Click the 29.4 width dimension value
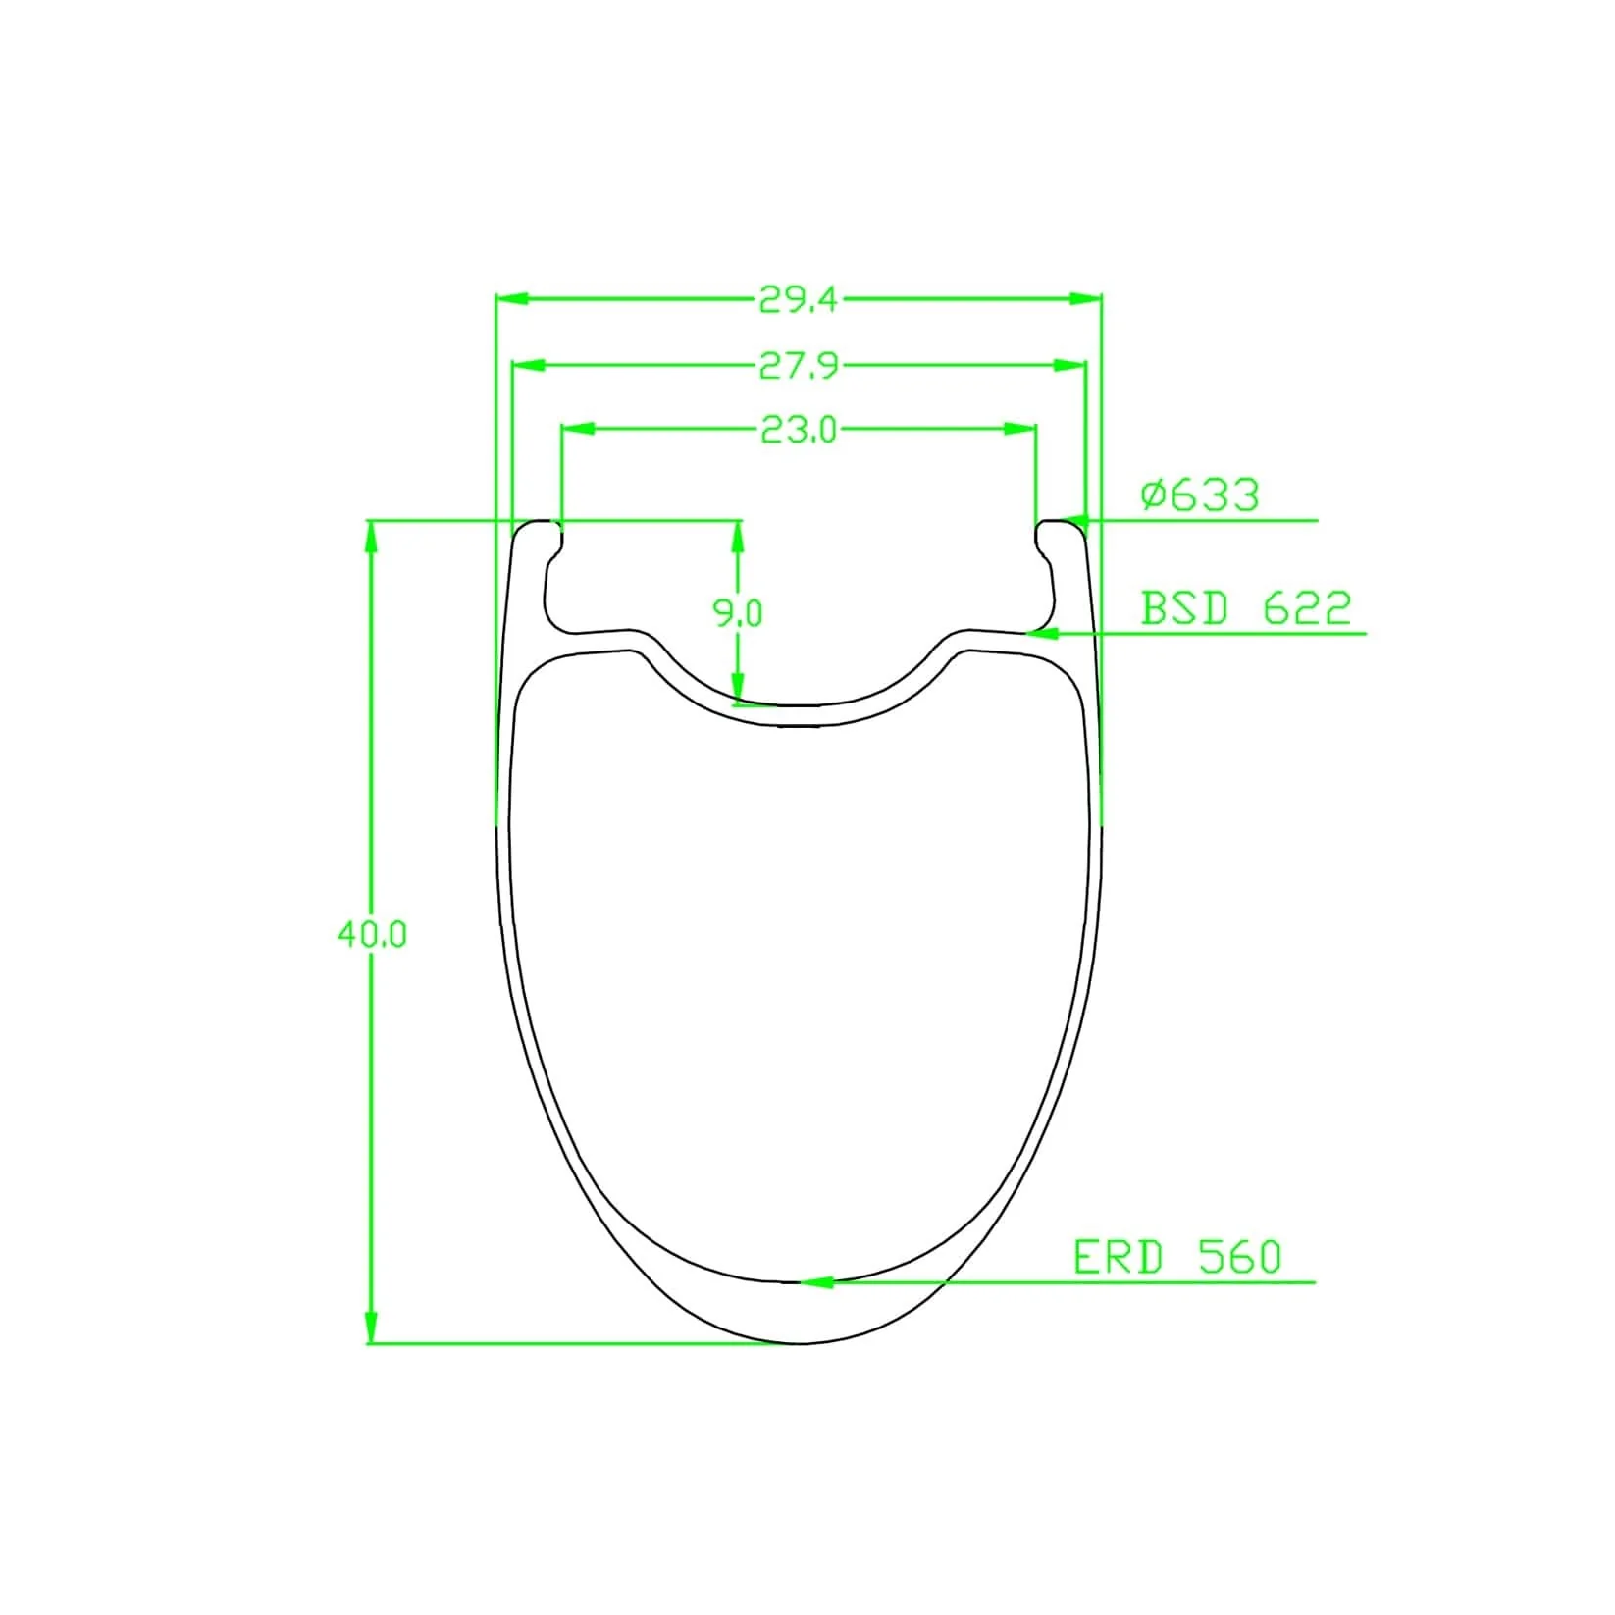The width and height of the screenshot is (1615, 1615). (799, 299)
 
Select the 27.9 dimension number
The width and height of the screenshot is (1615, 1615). (799, 366)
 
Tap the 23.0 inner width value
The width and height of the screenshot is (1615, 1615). (799, 430)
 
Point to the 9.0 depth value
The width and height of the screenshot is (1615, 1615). (737, 613)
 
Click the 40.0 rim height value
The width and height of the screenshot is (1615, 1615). (371, 934)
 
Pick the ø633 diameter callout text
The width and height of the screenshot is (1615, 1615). (1200, 495)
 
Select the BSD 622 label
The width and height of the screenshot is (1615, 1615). (1245, 609)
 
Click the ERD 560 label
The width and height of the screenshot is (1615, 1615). (1177, 1258)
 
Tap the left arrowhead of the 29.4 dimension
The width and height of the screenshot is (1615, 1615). (513, 298)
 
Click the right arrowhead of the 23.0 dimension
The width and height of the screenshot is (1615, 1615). (1020, 429)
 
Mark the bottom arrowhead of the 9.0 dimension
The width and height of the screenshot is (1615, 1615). (738, 689)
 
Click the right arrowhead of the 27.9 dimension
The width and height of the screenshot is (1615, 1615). (1069, 365)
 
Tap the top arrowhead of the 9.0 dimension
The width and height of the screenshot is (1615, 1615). (738, 536)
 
